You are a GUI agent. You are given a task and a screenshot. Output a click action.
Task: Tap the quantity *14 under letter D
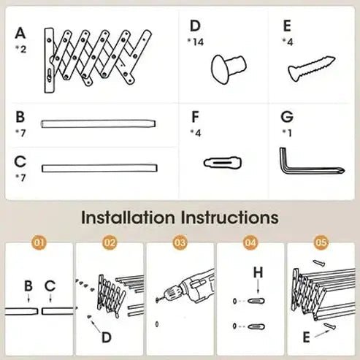click(x=196, y=42)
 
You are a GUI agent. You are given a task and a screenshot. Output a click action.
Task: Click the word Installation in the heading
click(x=126, y=218)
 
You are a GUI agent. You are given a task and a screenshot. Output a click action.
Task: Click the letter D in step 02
click(x=107, y=337)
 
